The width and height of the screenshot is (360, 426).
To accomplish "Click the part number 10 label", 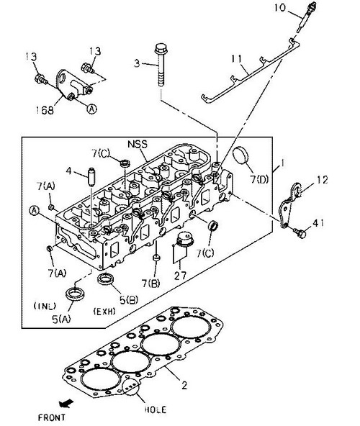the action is coord(280,7).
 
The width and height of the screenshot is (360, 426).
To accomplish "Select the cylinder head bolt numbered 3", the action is coord(161,65).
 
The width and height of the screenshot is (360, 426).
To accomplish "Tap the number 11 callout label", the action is coord(237,59).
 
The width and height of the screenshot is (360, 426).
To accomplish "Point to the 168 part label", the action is coord(45,110).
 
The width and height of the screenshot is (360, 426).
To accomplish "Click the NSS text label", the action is coord(138,144).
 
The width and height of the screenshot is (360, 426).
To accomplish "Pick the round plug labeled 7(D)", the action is coord(240,155).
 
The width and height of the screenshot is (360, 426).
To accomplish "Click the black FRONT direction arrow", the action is coord(66,404).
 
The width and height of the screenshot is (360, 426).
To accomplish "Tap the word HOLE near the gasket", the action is coord(156,409).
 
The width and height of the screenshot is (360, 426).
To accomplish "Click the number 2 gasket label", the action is coord(184,385).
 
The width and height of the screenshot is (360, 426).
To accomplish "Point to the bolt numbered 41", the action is coord(300,233).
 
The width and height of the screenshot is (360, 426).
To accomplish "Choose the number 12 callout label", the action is coord(322,180).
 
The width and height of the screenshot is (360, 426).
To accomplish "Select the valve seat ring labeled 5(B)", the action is coord(107,278).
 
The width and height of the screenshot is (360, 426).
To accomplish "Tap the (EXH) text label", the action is coord(104,311).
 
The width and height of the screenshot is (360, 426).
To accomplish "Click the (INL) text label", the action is coord(45,306).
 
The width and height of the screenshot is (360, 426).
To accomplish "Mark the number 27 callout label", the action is coord(180,276).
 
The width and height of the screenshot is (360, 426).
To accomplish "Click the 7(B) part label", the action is coord(151,284).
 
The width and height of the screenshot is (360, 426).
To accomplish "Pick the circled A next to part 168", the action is coord(92,109).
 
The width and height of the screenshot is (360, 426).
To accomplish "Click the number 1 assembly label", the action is coord(282,163).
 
